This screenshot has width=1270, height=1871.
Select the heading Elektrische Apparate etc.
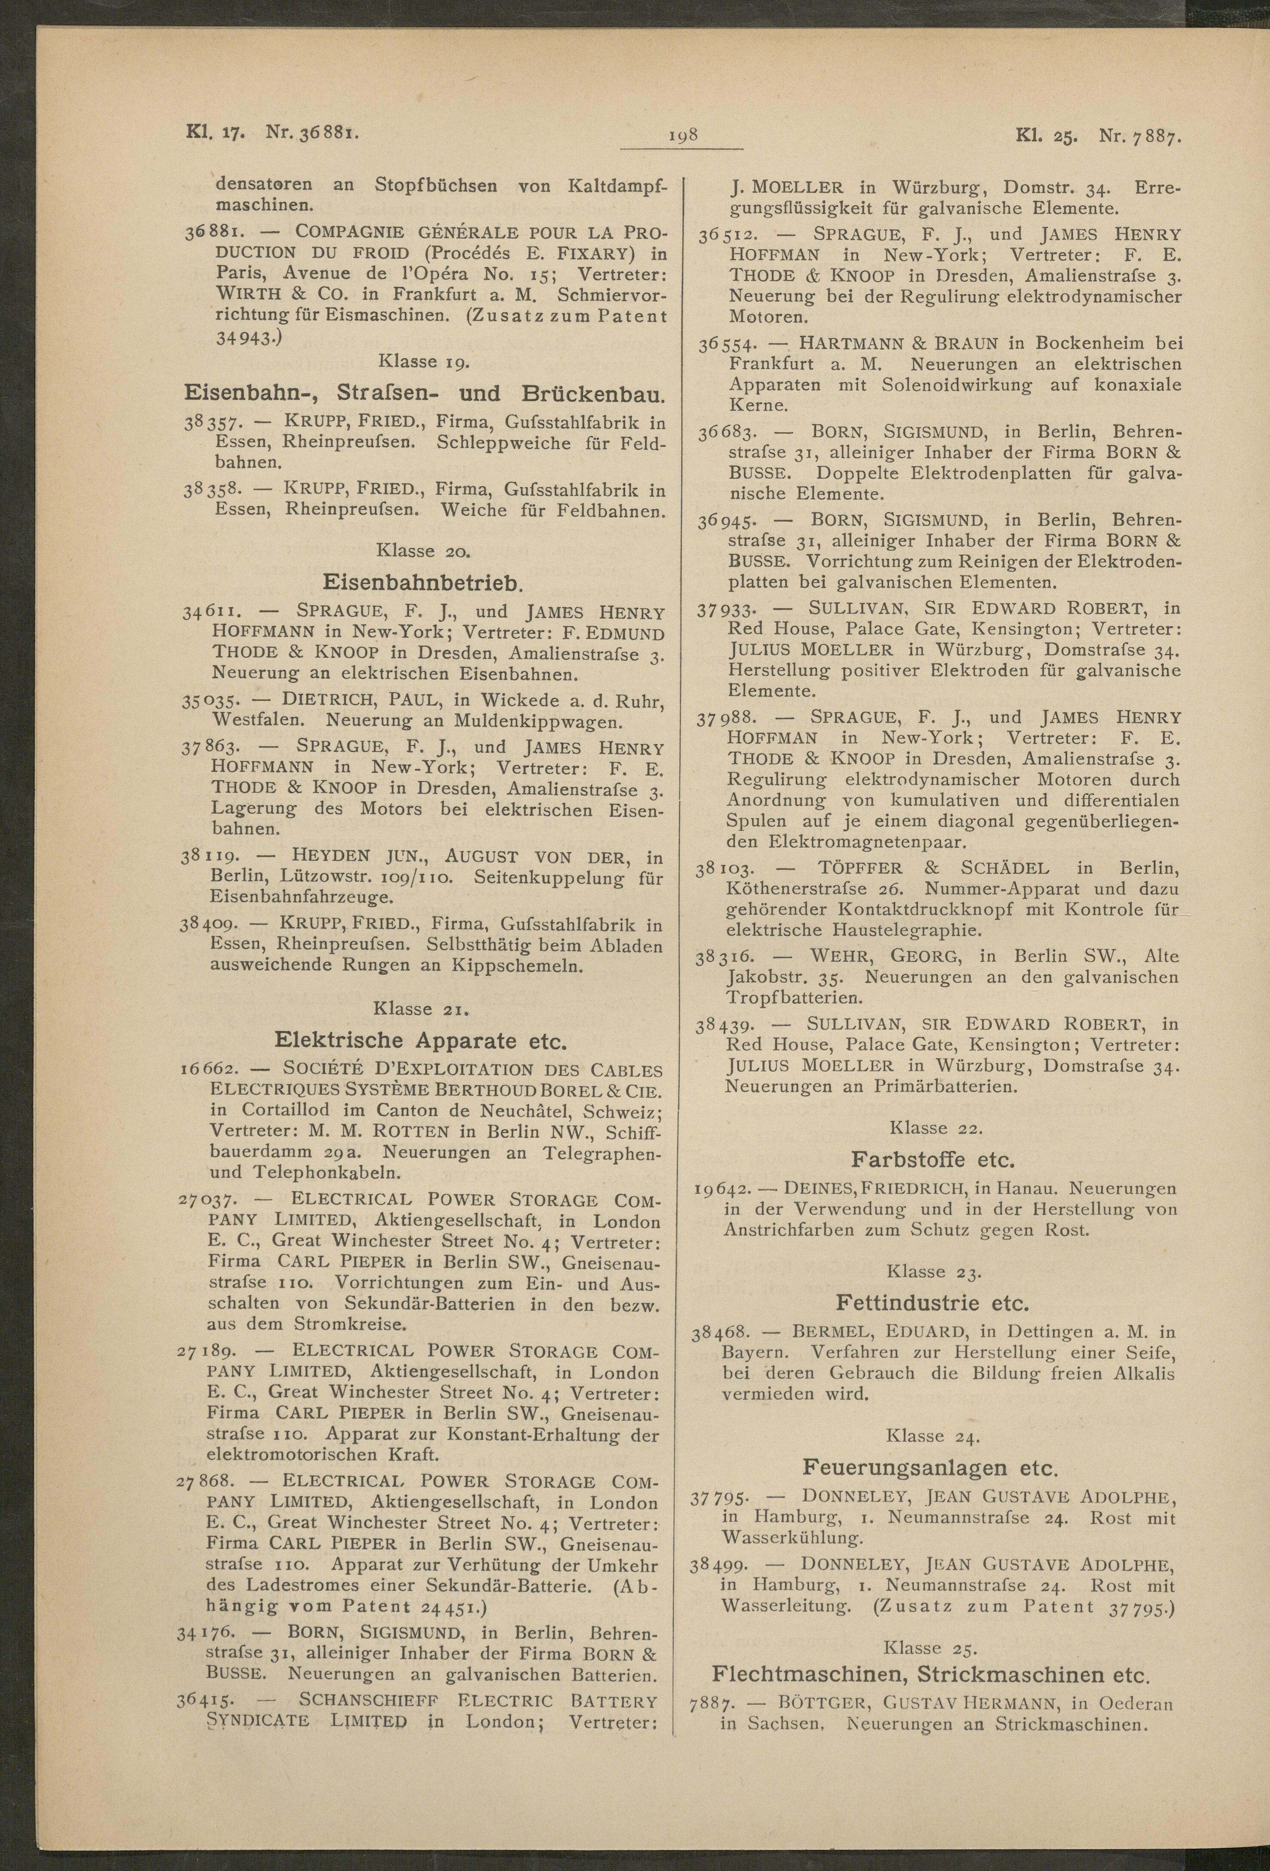pos(421,1040)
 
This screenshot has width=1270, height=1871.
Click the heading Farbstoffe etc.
pos(932,1160)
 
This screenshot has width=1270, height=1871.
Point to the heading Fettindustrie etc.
pos(932,1302)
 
